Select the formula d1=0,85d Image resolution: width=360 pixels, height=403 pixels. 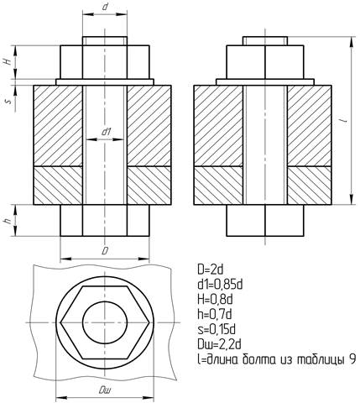coord(220,285)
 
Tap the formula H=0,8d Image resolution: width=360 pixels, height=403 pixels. coord(215,300)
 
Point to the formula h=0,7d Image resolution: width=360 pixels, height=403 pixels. coord(215,314)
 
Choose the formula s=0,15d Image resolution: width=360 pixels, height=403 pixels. coord(217,329)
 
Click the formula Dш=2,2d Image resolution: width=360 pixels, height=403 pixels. coord(219,344)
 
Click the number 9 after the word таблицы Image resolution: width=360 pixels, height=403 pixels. coord(352,359)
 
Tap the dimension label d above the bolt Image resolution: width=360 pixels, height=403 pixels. coord(105,7)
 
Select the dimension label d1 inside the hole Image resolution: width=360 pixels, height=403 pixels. coord(107,132)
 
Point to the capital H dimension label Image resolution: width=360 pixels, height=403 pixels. coord(9,61)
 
